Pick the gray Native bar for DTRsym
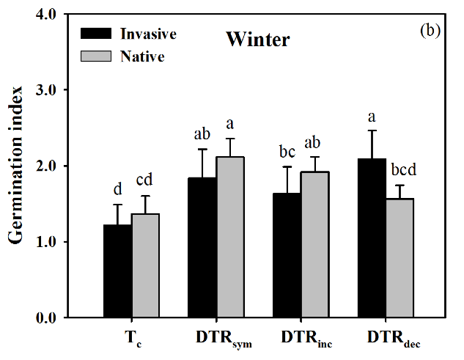pos(231,238)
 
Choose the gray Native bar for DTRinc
pos(315,245)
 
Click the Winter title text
pos(257,40)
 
